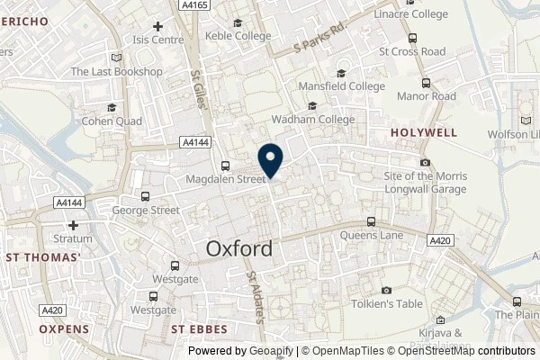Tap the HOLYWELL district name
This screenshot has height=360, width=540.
(424, 132)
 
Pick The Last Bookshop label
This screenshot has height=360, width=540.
(116, 72)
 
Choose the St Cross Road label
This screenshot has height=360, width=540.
(411, 51)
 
